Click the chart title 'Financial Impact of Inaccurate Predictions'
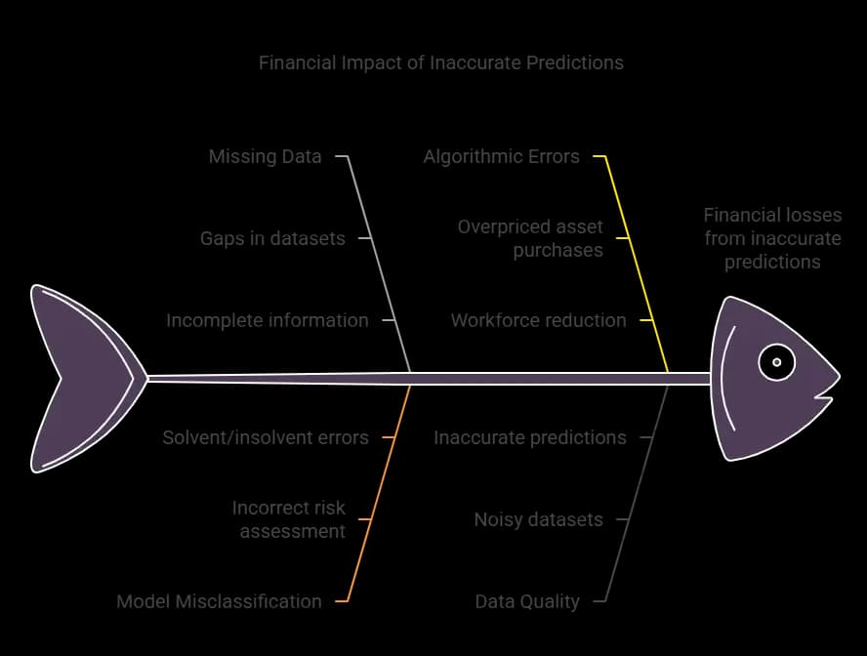click(440, 62)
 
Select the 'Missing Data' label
click(265, 156)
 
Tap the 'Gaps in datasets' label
click(272, 238)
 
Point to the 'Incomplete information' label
click(268, 320)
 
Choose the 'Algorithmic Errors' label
click(502, 156)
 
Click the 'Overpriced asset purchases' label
click(530, 238)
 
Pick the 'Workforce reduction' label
click(539, 320)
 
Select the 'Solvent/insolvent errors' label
click(266, 437)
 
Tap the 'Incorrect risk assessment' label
click(289, 519)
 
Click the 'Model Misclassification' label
click(219, 601)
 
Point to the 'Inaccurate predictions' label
click(530, 437)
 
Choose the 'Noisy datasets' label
click(539, 519)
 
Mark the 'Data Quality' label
click(527, 601)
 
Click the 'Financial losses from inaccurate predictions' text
click(772, 238)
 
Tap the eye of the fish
click(776, 362)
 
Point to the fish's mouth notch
click(817, 395)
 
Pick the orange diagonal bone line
click(373, 493)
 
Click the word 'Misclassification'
click(248, 601)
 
